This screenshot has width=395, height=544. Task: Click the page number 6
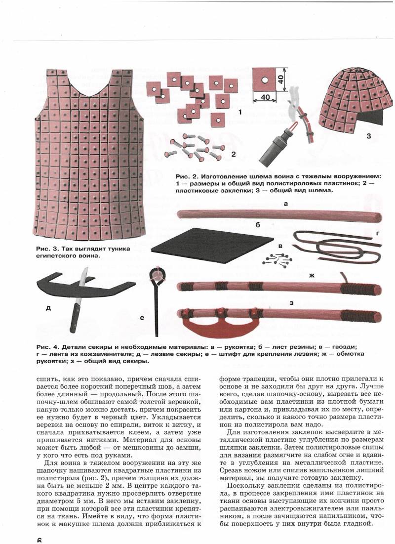39,539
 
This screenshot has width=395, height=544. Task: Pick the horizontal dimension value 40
266,98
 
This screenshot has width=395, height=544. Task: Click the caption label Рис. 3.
46,249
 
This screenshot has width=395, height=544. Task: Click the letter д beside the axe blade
48,307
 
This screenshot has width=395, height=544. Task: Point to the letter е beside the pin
141,319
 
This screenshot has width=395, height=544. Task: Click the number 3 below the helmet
368,135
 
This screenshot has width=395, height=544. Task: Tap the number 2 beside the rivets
234,154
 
